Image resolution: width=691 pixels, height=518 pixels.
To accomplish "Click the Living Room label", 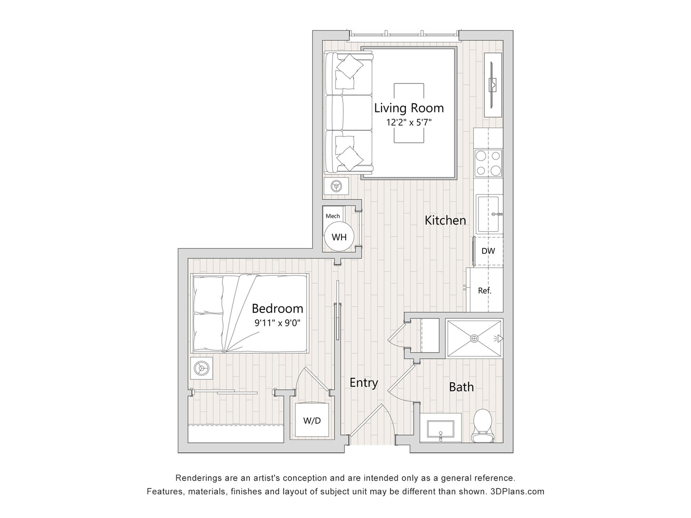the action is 409,108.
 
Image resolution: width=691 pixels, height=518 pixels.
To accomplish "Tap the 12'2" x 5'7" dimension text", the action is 409,122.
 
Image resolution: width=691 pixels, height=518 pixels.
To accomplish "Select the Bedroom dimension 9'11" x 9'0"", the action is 277,323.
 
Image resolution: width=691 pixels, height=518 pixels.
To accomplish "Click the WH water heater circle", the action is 339,237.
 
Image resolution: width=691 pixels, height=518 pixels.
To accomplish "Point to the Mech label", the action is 333,216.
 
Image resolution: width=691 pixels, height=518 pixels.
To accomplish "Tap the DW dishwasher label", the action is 488,251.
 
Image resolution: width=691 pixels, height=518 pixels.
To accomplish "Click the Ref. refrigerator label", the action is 484,291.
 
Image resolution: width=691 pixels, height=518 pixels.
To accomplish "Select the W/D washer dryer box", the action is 312,420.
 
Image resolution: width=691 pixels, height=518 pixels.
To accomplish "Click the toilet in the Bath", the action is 483,426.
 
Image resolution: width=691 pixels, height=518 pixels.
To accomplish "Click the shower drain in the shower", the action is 474,338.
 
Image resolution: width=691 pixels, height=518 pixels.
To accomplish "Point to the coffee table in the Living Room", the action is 409,113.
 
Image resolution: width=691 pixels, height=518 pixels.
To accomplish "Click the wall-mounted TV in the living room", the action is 493,85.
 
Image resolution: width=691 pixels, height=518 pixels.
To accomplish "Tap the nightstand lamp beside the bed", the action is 201,368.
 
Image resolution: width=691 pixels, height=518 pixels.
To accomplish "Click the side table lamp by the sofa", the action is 337,186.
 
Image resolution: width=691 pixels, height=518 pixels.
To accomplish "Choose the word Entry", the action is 364,383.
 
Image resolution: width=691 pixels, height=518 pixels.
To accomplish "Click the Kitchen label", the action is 445,220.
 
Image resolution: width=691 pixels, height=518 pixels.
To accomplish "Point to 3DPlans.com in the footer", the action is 517,491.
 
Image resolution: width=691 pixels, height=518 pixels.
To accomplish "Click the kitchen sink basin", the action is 489,214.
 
